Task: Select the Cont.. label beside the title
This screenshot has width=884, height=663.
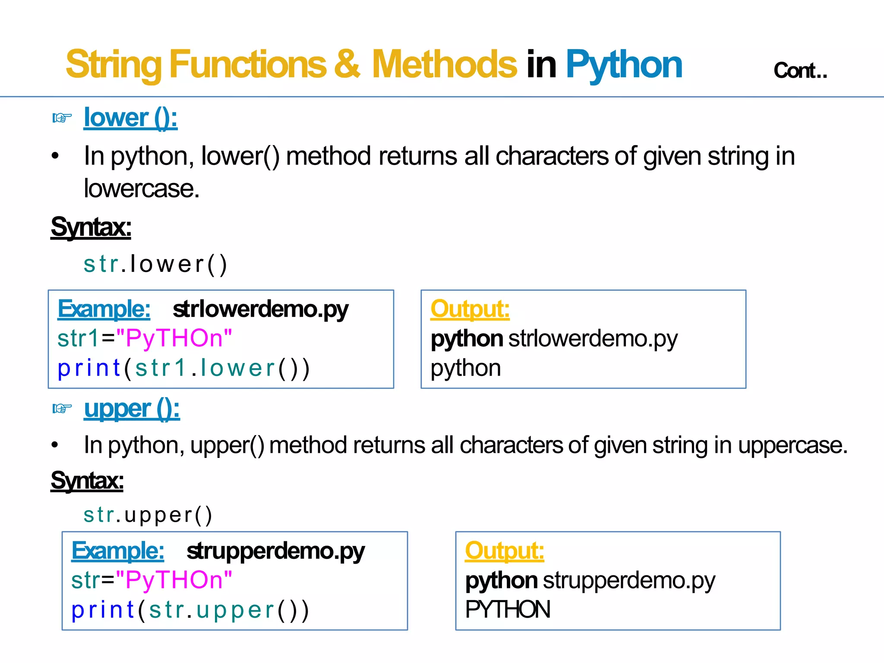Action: [800, 70]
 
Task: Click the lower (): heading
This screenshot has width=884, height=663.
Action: [130, 117]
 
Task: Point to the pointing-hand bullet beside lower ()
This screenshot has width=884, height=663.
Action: [62, 117]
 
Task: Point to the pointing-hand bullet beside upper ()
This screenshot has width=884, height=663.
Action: [62, 408]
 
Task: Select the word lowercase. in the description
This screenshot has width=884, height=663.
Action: [142, 189]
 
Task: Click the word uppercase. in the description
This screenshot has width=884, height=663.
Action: [792, 445]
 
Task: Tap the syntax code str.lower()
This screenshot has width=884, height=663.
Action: [155, 264]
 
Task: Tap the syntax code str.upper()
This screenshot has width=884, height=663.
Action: [148, 515]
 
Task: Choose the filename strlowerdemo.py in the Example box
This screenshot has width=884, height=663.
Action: [260, 309]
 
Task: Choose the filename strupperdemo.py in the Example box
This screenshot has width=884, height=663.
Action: [275, 551]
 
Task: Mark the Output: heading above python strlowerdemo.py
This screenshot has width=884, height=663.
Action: [470, 309]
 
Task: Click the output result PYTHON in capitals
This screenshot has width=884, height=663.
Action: [508, 609]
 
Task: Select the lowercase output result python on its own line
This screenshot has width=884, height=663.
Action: [465, 368]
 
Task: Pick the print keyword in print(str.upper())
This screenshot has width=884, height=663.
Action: [103, 610]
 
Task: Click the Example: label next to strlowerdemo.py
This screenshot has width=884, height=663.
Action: [104, 309]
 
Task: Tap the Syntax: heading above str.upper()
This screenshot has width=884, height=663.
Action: [87, 480]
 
